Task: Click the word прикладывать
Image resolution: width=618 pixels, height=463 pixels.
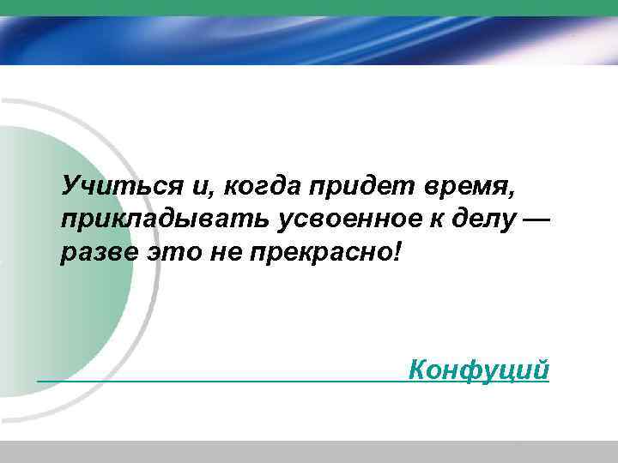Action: pos(166,221)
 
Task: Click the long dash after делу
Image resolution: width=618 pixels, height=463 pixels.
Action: pos(533,221)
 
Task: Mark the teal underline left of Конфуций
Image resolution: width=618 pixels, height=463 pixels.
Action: pos(215,381)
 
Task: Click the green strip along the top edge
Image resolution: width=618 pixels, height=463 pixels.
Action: pos(309,8)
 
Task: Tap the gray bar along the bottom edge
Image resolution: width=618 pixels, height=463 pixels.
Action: pos(309,452)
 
